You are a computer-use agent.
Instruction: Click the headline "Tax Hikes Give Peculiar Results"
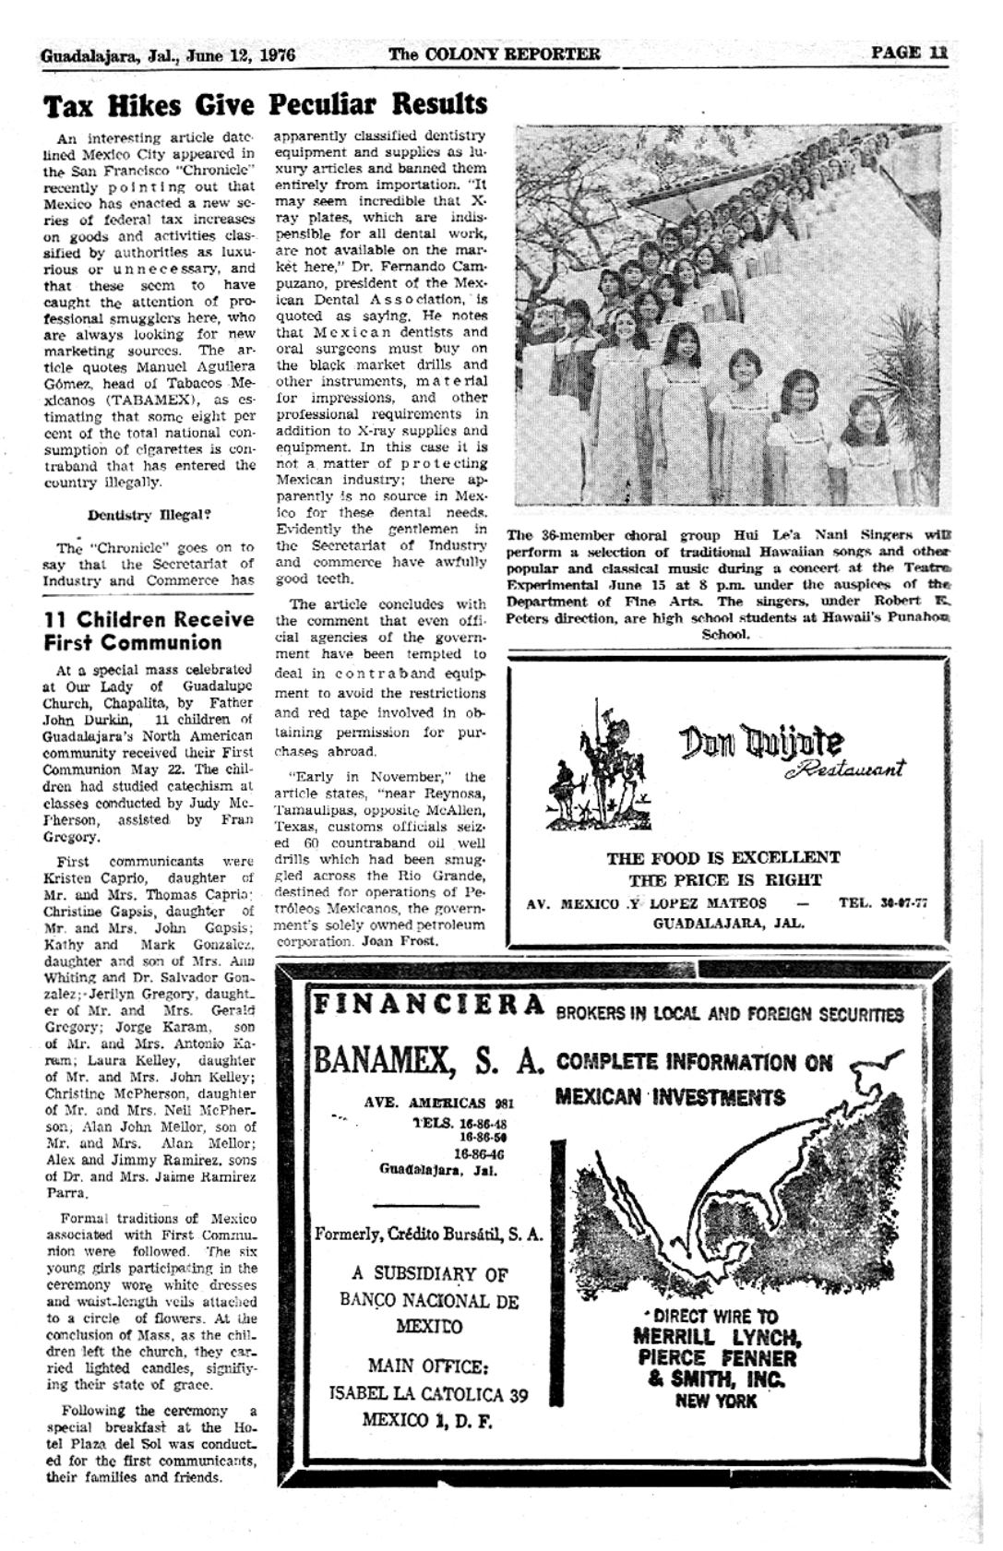266,104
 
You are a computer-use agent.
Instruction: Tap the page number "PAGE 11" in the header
909,53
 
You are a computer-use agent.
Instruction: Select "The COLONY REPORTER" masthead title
495,54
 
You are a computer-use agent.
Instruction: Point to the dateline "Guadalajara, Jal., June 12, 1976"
167,55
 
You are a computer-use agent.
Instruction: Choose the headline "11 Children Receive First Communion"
149,630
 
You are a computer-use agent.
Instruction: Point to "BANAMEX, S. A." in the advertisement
427,1060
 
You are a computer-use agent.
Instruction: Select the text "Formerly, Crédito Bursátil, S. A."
428,1234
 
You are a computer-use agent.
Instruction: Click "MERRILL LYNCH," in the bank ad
717,1337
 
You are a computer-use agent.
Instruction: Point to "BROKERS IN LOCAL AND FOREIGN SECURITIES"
730,1015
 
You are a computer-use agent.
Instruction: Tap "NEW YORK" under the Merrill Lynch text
715,1402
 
